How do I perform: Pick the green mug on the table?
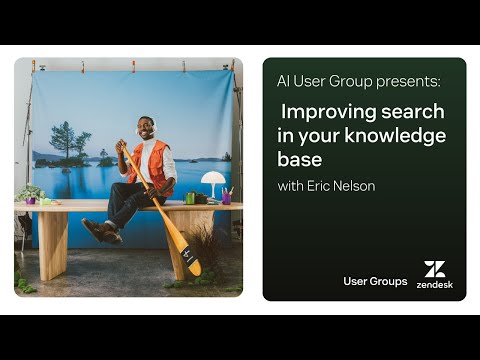click(x=190, y=198)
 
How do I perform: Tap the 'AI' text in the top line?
click(x=284, y=81)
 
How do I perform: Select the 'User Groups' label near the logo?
click(x=375, y=282)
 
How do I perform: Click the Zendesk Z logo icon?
click(x=434, y=268)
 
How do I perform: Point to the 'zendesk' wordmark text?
click(x=434, y=284)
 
